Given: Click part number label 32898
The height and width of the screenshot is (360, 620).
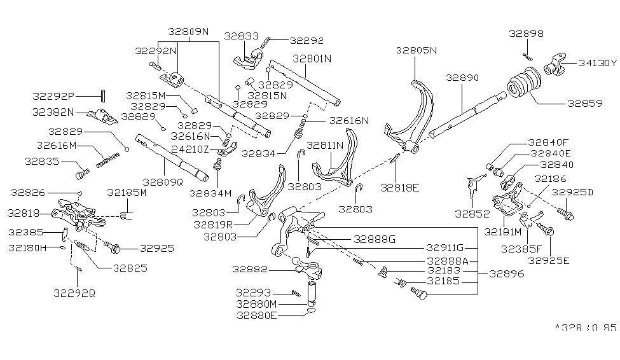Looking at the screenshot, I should tap(525, 33).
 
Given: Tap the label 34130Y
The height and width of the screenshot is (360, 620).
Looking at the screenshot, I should tap(597, 63).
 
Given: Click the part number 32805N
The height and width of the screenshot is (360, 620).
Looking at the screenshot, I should tap(417, 50).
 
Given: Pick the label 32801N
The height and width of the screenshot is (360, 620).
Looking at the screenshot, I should tap(312, 59).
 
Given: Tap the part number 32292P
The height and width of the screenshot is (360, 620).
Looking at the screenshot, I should tap(53, 96).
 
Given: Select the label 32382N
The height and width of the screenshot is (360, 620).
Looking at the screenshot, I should tap(53, 112).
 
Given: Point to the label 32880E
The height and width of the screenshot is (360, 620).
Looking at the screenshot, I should tap(256, 315).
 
